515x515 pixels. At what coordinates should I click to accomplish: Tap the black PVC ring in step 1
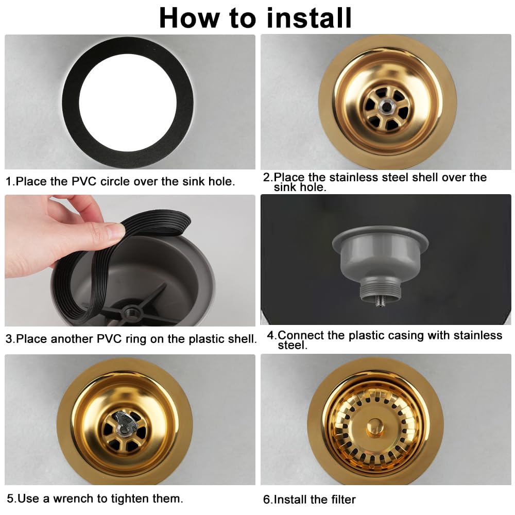click(71, 102)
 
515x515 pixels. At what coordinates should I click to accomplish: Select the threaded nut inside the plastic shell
click(130, 310)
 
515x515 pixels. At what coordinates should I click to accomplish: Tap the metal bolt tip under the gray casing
click(380, 301)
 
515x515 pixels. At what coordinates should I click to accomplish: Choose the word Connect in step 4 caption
click(301, 335)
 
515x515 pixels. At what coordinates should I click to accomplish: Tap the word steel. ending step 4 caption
click(293, 345)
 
